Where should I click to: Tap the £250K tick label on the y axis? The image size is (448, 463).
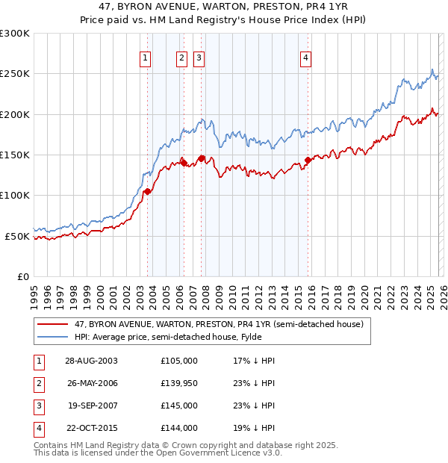[15, 74]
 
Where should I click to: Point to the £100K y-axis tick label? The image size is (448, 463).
[15, 196]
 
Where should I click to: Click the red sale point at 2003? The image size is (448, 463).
[148, 191]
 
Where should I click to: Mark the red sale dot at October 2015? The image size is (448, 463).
[308, 160]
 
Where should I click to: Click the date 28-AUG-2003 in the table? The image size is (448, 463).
[91, 361]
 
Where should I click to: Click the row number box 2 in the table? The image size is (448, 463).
[37, 383]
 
